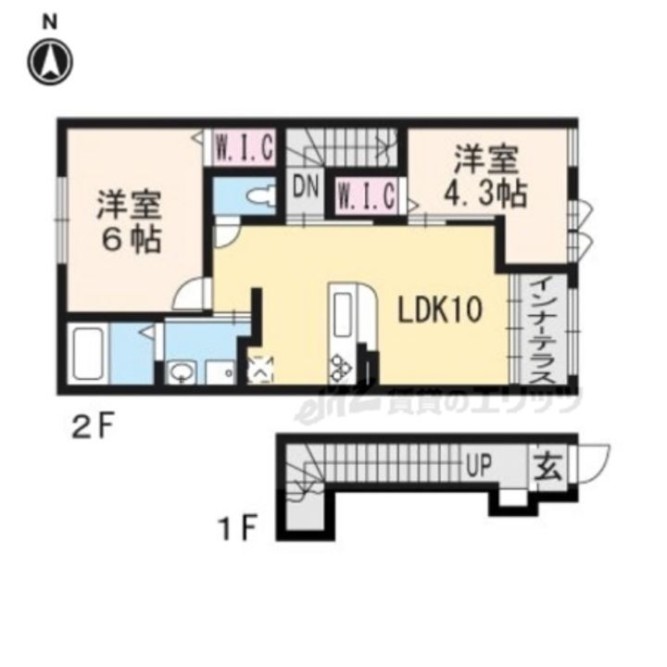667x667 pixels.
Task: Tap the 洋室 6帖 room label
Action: [x=129, y=222]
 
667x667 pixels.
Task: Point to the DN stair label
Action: [x=306, y=188]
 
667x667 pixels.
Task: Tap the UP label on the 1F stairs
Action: [x=480, y=462]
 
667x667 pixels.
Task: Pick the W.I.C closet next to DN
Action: [x=367, y=196]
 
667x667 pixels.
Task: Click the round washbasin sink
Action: [x=180, y=373]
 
